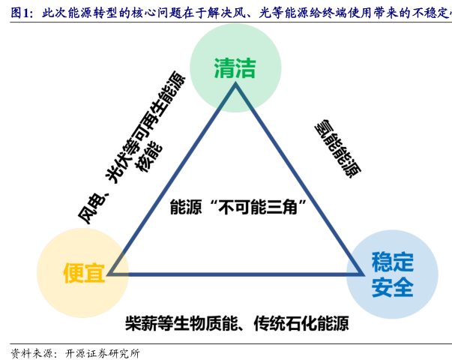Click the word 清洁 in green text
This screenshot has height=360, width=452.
tap(235, 68)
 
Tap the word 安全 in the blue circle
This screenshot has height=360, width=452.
tap(392, 286)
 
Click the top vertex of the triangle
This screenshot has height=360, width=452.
tap(235, 85)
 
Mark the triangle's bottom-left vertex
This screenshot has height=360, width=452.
tap(109, 274)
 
